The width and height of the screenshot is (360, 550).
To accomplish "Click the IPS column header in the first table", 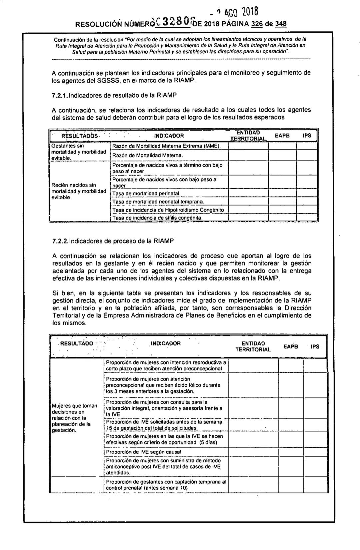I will coord(307,136).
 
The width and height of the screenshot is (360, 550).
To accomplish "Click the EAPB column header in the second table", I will coord(291,346).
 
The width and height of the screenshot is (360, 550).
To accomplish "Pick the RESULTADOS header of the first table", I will coord(79,136).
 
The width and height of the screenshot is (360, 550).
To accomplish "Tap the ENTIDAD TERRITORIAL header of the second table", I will coord(253,346).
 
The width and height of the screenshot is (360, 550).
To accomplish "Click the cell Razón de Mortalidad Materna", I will coord(148,156).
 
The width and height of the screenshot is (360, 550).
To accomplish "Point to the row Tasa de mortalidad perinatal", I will coord(146,194).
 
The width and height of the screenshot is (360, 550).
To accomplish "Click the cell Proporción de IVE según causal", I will coord(144,452).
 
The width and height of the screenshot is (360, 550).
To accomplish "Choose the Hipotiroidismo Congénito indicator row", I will coord(168,210).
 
